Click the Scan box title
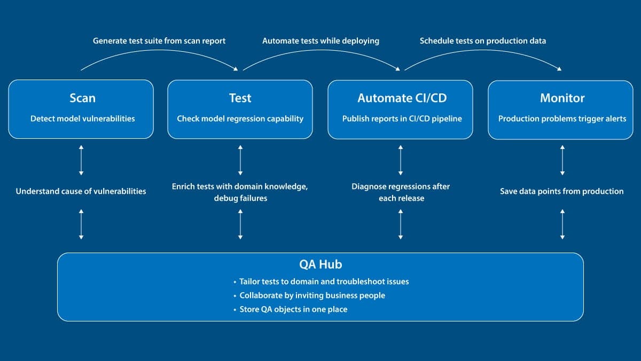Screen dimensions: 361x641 [82, 98]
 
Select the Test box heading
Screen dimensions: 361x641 [240, 98]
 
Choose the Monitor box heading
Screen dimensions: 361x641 [562, 98]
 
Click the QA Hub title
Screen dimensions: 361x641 [320, 264]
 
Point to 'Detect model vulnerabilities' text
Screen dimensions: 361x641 [82, 119]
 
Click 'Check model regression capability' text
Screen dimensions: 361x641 [240, 119]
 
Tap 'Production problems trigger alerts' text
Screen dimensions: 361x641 [562, 119]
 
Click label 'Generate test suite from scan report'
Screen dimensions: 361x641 [159, 41]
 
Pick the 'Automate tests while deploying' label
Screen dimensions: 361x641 [320, 41]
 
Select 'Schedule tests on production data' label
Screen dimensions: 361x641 [482, 41]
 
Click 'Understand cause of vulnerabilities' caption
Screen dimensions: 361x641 [81, 191]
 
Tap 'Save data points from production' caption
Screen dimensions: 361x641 [561, 191]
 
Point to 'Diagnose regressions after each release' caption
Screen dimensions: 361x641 [401, 192]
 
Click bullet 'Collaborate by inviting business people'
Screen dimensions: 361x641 [312, 295]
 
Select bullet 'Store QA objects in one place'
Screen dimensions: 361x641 [293, 309]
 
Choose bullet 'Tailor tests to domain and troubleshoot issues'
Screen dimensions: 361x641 [324, 281]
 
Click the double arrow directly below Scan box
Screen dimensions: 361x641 [81, 160]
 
